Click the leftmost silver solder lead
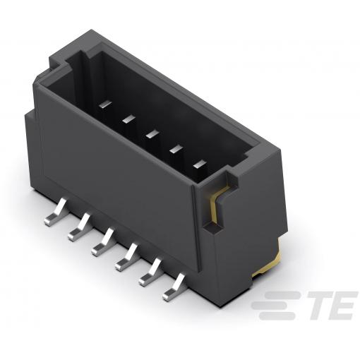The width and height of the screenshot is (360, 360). [x=54, y=213]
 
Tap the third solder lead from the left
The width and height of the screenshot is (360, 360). [x=102, y=242]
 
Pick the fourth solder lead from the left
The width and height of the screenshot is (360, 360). [x=126, y=257]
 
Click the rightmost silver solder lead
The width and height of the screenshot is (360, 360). [x=174, y=287]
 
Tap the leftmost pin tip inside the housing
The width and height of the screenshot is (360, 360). [x=105, y=104]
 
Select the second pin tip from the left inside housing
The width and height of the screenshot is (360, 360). [x=129, y=119]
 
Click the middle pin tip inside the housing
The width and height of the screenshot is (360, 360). [x=152, y=134]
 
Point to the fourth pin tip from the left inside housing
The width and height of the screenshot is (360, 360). [x=176, y=149]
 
